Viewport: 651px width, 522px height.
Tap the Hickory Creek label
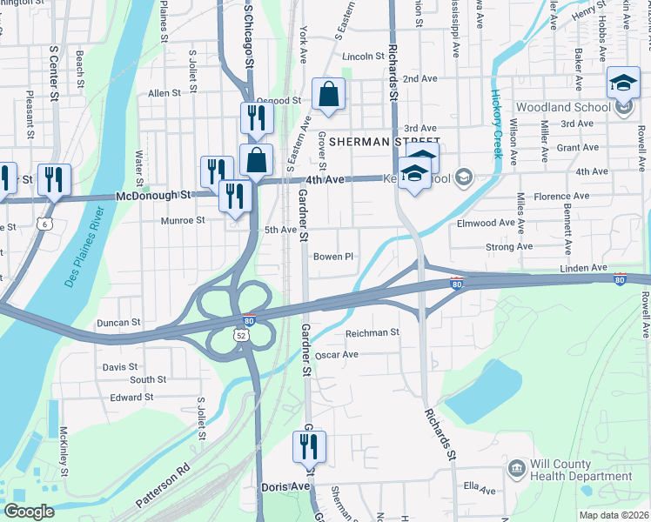497,125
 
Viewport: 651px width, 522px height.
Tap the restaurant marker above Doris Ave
309,448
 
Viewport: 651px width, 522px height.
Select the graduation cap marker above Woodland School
623,84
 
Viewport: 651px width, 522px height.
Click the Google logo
29,512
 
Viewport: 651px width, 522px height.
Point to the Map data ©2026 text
613,515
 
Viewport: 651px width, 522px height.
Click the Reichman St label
372,332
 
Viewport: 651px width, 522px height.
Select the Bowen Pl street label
333,257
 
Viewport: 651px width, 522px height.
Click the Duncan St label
119,322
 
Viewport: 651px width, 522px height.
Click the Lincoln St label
363,57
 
